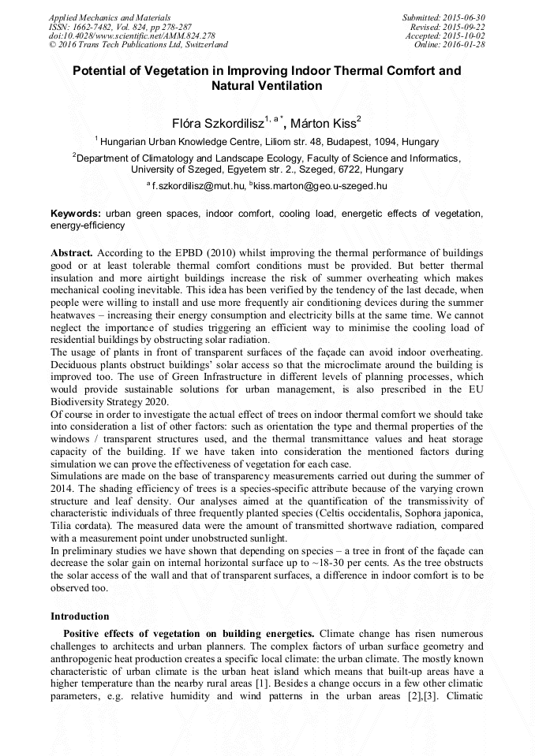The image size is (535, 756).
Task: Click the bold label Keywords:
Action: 76,214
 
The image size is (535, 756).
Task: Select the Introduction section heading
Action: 80,616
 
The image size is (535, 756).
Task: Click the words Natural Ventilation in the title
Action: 267,86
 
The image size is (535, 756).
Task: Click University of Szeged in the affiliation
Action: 178,169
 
